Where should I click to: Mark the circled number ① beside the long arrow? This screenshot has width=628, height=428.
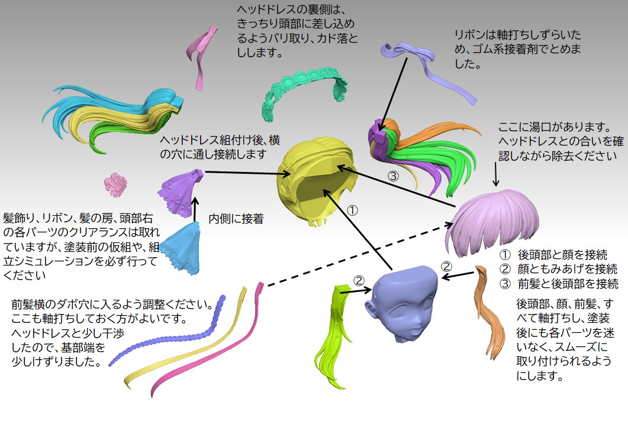point(353,210)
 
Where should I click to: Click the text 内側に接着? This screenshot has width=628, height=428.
point(236,219)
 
